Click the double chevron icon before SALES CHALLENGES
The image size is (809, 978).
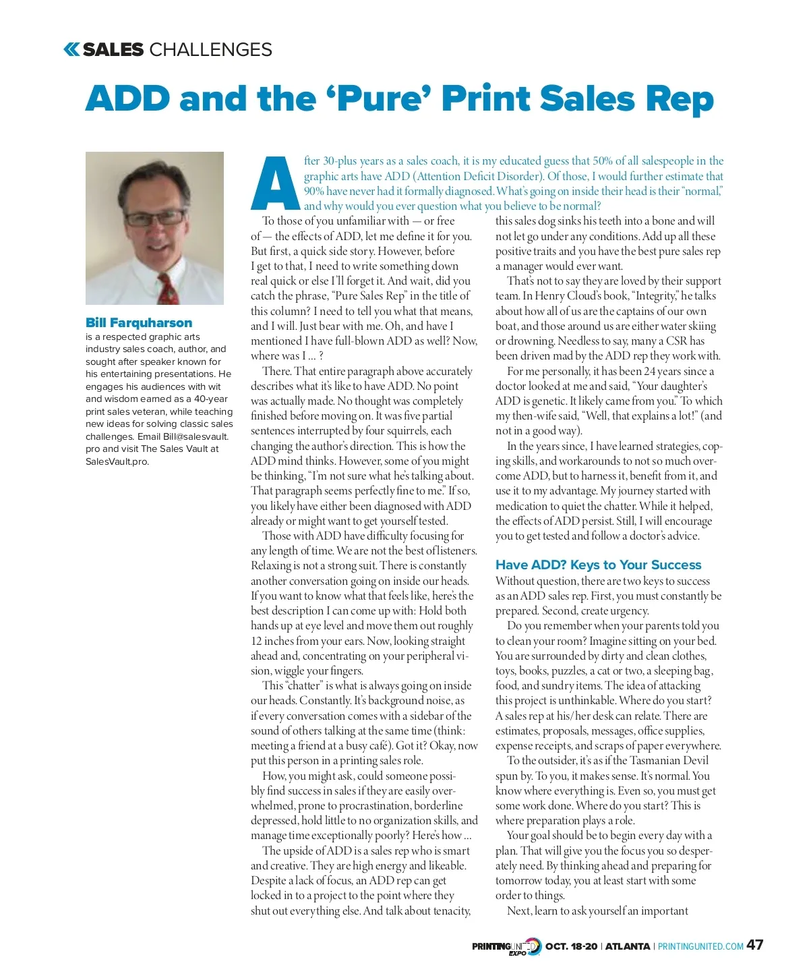click(x=71, y=49)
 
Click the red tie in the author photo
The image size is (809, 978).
click(x=167, y=287)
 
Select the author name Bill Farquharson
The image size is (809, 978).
click(x=139, y=322)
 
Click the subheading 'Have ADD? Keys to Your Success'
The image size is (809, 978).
click(x=598, y=565)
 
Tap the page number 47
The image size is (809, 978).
click(x=755, y=945)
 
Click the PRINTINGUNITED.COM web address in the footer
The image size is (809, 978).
click(x=700, y=946)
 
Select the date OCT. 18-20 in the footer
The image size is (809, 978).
click(x=571, y=946)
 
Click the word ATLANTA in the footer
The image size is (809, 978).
click(x=627, y=946)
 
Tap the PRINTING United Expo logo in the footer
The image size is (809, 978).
click(x=506, y=946)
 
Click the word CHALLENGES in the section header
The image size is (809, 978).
click(x=210, y=49)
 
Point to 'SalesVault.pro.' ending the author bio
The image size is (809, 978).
click(x=117, y=461)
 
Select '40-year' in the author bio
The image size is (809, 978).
click(x=211, y=399)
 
